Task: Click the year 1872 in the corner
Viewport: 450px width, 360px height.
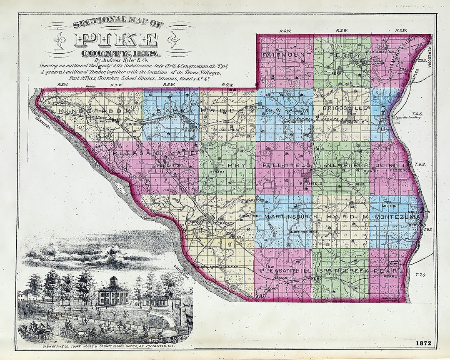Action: [x=423, y=343]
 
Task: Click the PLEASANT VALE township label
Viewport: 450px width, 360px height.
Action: [x=154, y=153]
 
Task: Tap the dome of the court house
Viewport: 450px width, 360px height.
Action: [x=114, y=282]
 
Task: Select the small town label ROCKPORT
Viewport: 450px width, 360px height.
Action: [x=221, y=223]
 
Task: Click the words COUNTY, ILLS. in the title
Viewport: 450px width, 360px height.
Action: [x=121, y=54]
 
